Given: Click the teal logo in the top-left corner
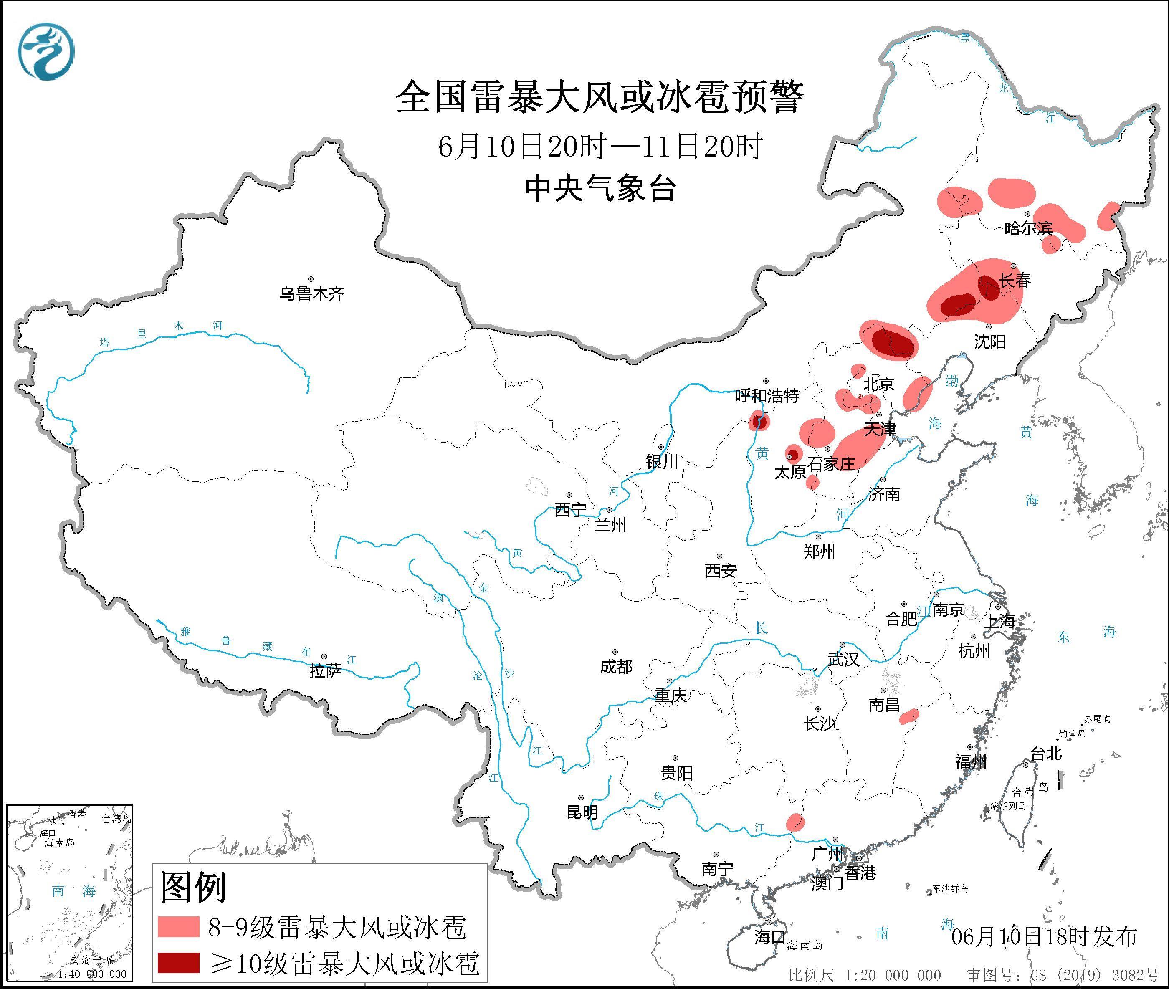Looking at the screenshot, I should pos(46,52).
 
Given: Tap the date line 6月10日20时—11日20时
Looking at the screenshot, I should pos(600,147).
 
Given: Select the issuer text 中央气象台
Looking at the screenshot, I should pos(600,188).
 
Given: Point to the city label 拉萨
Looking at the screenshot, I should pos(325,671).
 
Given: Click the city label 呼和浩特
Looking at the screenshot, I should pos(767,396).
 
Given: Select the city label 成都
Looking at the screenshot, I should pos(616,667).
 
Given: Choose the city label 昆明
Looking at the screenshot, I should pos(582,812).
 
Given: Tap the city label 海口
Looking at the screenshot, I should pos(769,937).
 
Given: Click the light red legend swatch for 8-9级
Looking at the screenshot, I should pos(178,927).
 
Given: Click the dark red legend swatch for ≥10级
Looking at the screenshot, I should pos(178,963).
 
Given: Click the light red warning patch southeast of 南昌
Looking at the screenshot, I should pos(909,716).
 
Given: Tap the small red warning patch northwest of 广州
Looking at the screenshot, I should pos(795,822).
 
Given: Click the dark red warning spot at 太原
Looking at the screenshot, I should pos(793,454).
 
